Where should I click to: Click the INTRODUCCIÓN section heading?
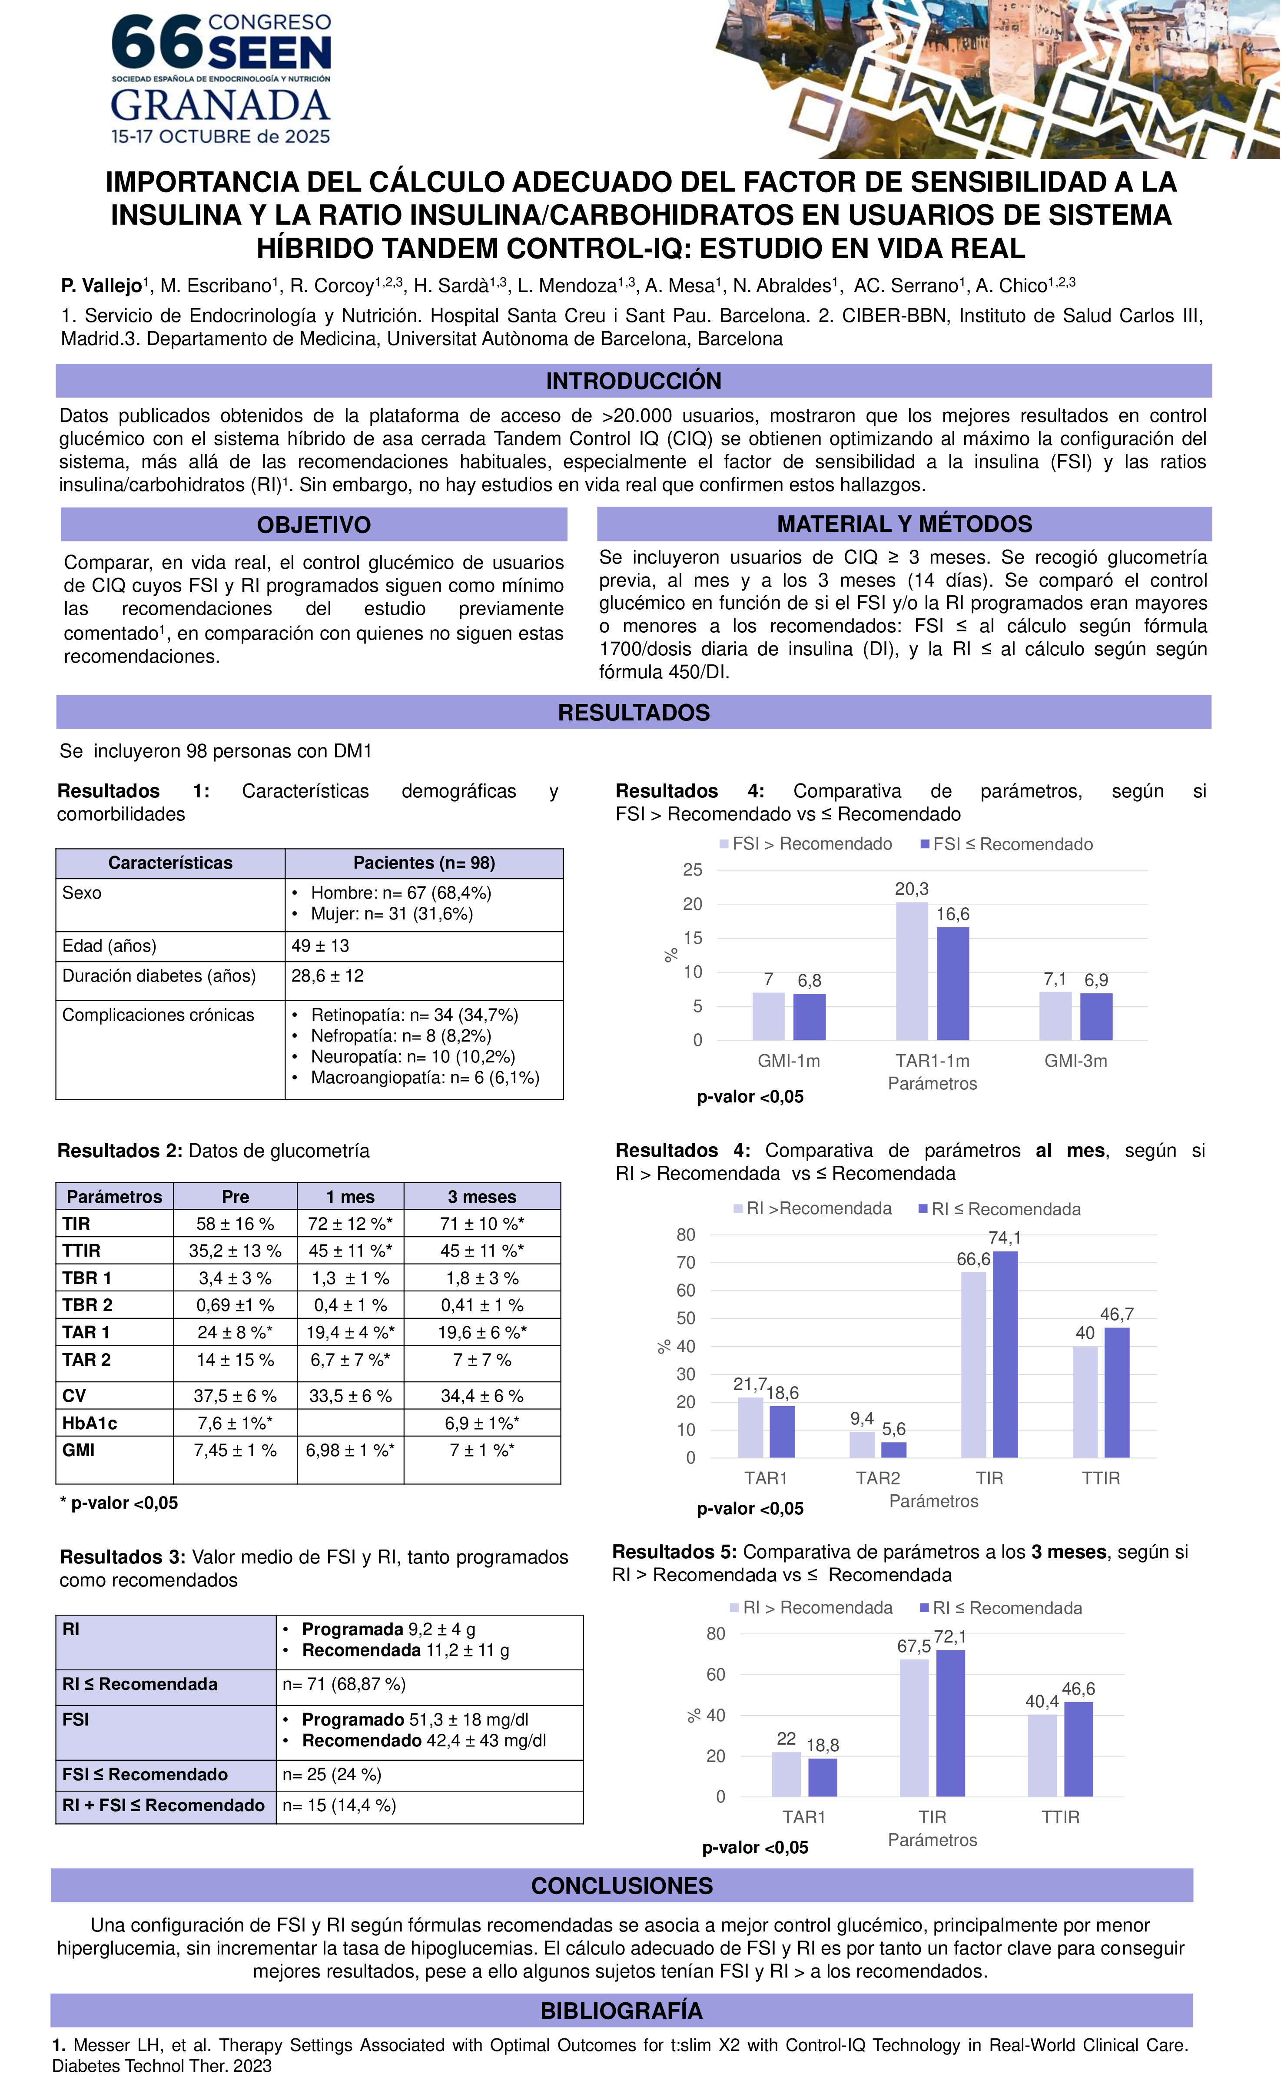(633, 381)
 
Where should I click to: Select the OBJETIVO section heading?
(314, 524)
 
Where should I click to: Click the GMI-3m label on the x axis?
(1075, 1061)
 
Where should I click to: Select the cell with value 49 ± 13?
(320, 946)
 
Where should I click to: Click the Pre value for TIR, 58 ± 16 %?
(236, 1224)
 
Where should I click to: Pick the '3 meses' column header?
(482, 1197)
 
